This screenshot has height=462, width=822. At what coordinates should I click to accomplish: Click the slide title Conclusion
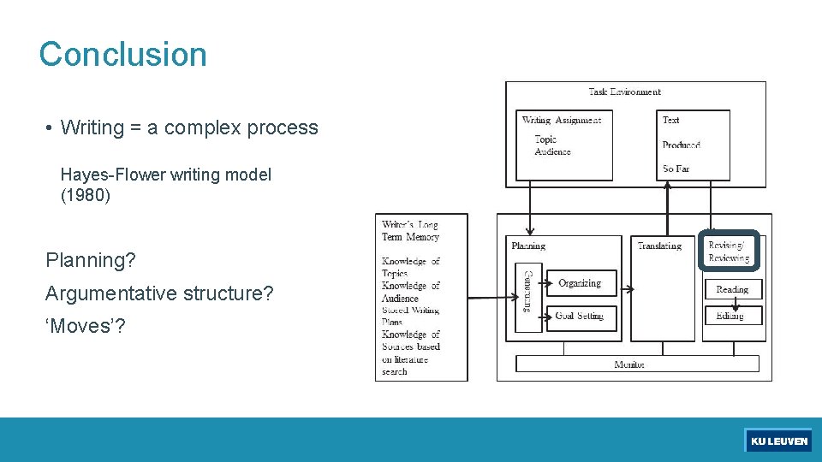122,55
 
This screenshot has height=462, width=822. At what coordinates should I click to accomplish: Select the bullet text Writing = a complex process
189,128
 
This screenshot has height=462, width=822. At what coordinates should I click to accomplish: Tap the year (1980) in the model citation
86,195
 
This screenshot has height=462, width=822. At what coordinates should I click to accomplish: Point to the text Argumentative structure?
159,293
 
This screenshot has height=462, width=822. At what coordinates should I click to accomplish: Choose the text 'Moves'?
85,326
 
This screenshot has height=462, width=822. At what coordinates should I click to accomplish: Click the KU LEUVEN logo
778,441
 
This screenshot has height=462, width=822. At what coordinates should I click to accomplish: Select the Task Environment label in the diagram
624,92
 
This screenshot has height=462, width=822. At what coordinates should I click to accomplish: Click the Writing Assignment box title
562,121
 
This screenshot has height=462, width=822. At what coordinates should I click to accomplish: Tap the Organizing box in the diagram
580,283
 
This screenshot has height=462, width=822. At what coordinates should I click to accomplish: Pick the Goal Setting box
580,316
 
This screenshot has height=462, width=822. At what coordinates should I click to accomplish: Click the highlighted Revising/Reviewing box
729,252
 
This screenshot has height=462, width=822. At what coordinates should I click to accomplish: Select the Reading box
732,289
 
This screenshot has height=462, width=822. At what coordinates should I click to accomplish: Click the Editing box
730,316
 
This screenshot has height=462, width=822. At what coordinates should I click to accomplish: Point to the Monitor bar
629,364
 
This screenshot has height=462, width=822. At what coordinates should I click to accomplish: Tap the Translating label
659,246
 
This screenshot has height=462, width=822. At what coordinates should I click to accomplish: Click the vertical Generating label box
527,291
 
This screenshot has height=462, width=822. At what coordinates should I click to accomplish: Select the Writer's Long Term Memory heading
410,231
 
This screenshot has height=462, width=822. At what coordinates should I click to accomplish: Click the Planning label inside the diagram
528,246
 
